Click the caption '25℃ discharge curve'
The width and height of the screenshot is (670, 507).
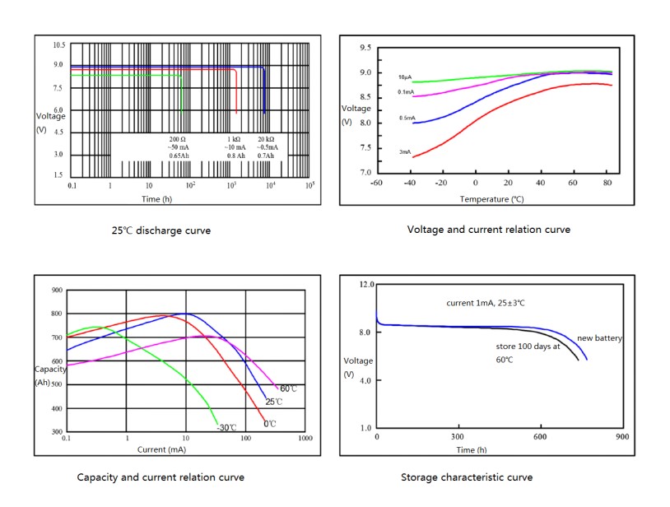161,230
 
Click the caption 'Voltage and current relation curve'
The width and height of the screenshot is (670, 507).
488,229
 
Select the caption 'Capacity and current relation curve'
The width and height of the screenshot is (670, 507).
161,477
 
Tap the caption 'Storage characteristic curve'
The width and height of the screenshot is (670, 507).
467,477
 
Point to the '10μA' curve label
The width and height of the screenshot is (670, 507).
405,77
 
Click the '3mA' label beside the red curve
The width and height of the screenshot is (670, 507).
405,151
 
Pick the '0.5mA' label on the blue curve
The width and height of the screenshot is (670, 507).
406,118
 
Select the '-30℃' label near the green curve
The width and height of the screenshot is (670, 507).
226,427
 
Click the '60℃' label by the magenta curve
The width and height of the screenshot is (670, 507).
288,388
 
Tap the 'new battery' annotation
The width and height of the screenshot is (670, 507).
599,338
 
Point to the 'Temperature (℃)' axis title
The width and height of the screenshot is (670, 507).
491,199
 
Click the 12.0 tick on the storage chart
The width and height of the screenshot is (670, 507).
364,284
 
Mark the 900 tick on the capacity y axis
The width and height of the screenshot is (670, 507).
56,290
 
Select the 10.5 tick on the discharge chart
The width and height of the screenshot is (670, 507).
58,44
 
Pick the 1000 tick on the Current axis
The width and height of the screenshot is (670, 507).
305,439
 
